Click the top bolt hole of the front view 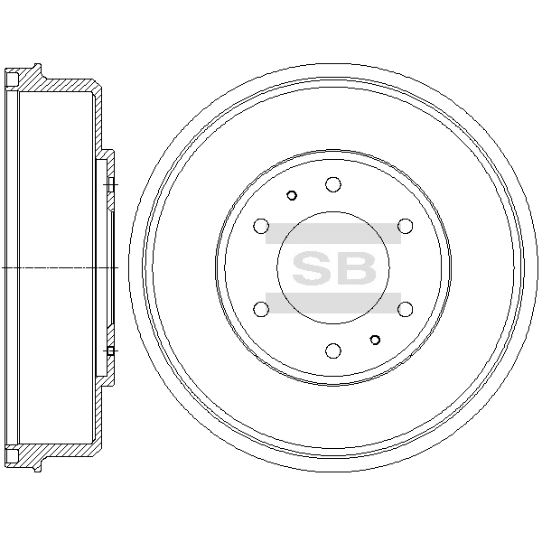click(333, 184)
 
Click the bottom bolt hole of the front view click(333, 350)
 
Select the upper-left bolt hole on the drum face click(261, 226)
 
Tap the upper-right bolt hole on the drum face click(405, 226)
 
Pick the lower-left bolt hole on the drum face click(261, 309)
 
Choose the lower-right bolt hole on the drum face click(405, 309)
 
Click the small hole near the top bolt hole click(292, 196)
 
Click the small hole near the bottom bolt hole click(375, 340)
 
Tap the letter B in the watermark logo click(355, 268)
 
